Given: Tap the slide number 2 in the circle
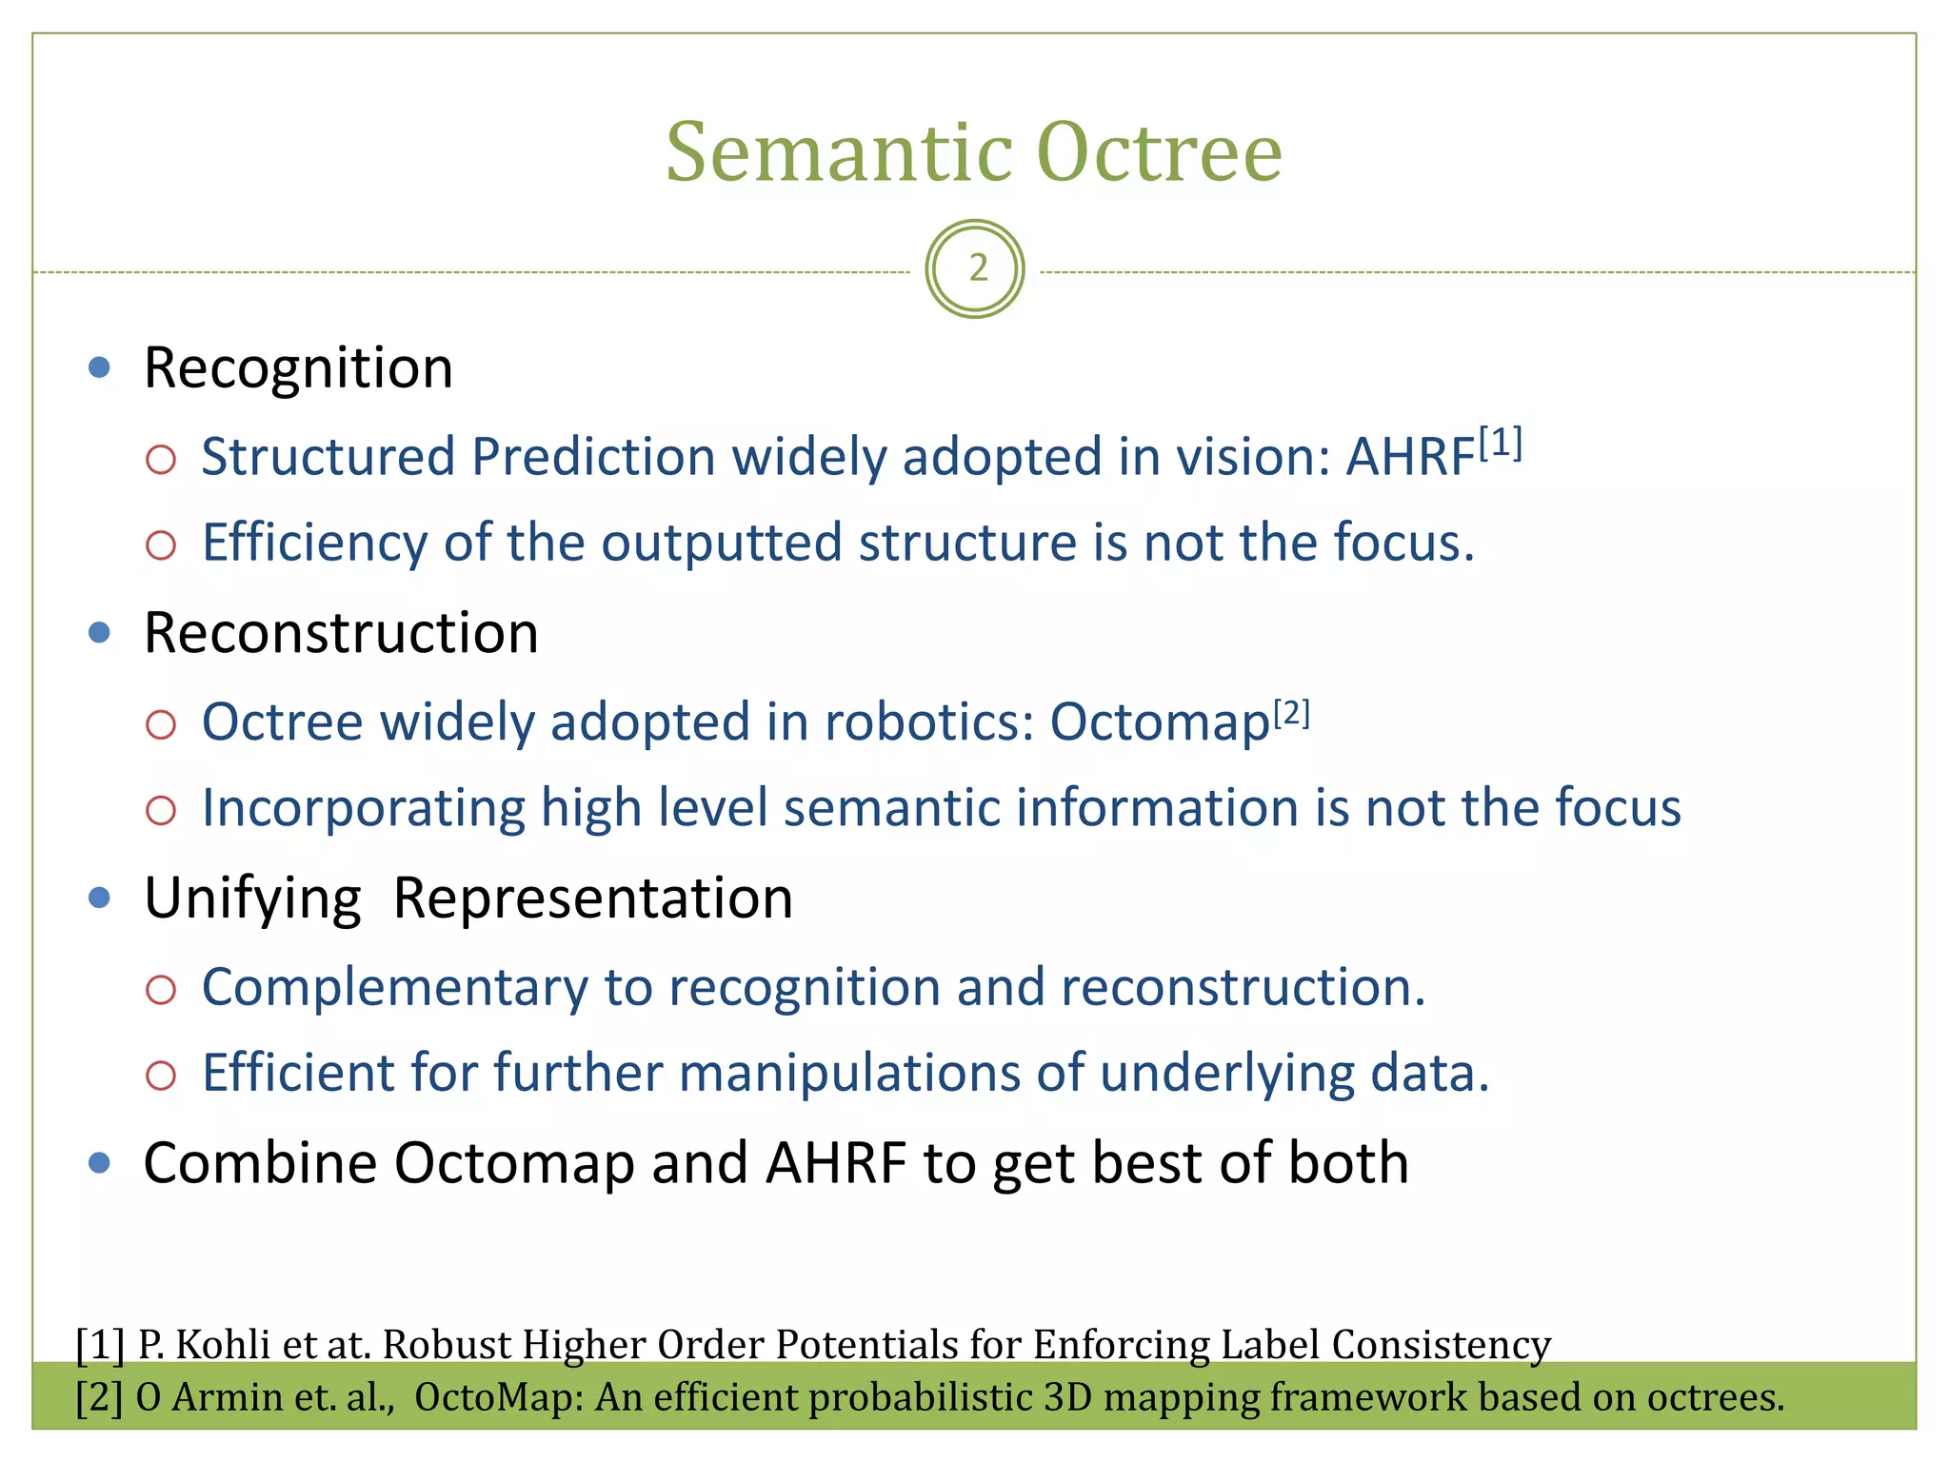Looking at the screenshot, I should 976,269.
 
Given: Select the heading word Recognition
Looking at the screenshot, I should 298,368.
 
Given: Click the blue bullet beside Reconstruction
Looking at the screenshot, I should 99,633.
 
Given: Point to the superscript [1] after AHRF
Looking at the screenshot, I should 1501,444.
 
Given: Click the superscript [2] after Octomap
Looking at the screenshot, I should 1292,713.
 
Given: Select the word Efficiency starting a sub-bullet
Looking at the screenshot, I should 314,543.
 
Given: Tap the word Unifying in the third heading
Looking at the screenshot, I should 252,899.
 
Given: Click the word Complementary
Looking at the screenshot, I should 394,987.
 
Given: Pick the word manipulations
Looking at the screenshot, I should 849,1074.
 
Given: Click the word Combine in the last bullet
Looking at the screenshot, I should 260,1163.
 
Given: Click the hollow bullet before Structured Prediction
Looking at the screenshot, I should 161,461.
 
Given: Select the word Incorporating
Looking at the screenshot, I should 363,808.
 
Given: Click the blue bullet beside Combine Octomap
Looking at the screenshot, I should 99,1163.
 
